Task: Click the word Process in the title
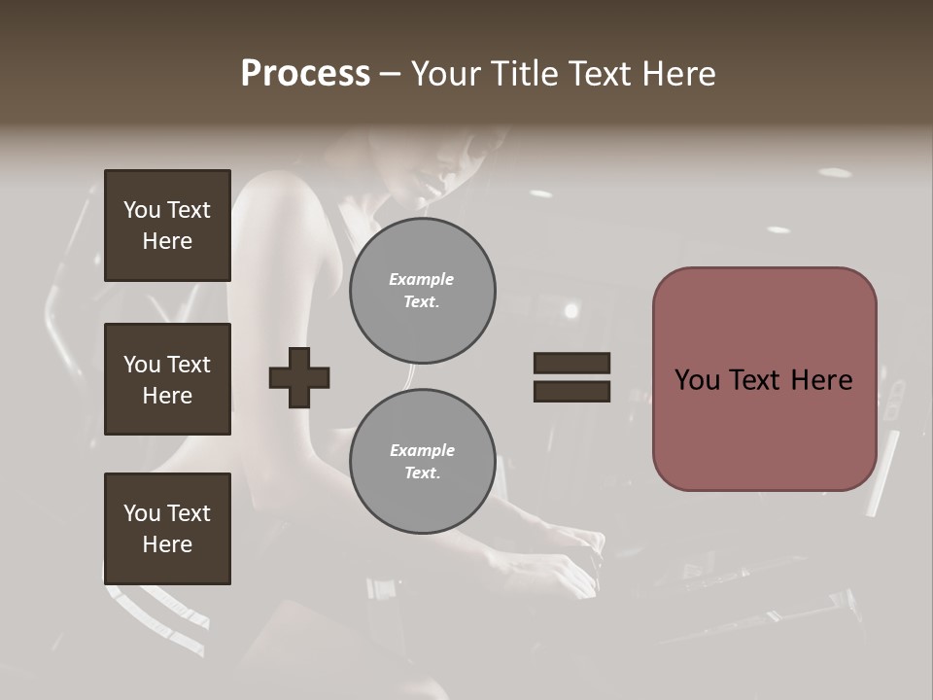(x=305, y=74)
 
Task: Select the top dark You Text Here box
(x=167, y=226)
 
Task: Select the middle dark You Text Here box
(x=167, y=379)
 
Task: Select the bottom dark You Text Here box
(x=167, y=528)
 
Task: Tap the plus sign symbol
(x=299, y=376)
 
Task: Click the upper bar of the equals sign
(x=571, y=363)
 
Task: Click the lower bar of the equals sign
(x=571, y=392)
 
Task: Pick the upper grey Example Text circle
(x=422, y=292)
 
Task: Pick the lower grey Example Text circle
(x=422, y=462)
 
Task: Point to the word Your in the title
(x=445, y=74)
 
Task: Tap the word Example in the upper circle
(x=421, y=280)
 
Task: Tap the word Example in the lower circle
(x=422, y=450)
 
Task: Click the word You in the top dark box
(x=141, y=210)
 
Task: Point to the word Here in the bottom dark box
(x=167, y=544)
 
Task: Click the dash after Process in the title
(x=390, y=74)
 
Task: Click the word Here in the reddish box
(x=821, y=380)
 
